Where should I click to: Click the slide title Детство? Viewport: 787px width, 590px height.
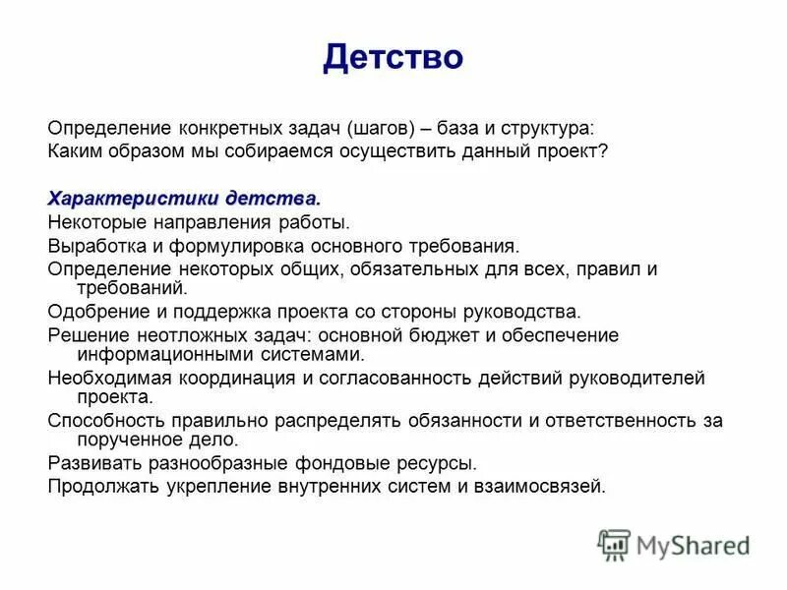393,57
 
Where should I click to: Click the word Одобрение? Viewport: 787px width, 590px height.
92,313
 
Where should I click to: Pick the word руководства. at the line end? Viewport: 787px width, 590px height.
530,313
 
